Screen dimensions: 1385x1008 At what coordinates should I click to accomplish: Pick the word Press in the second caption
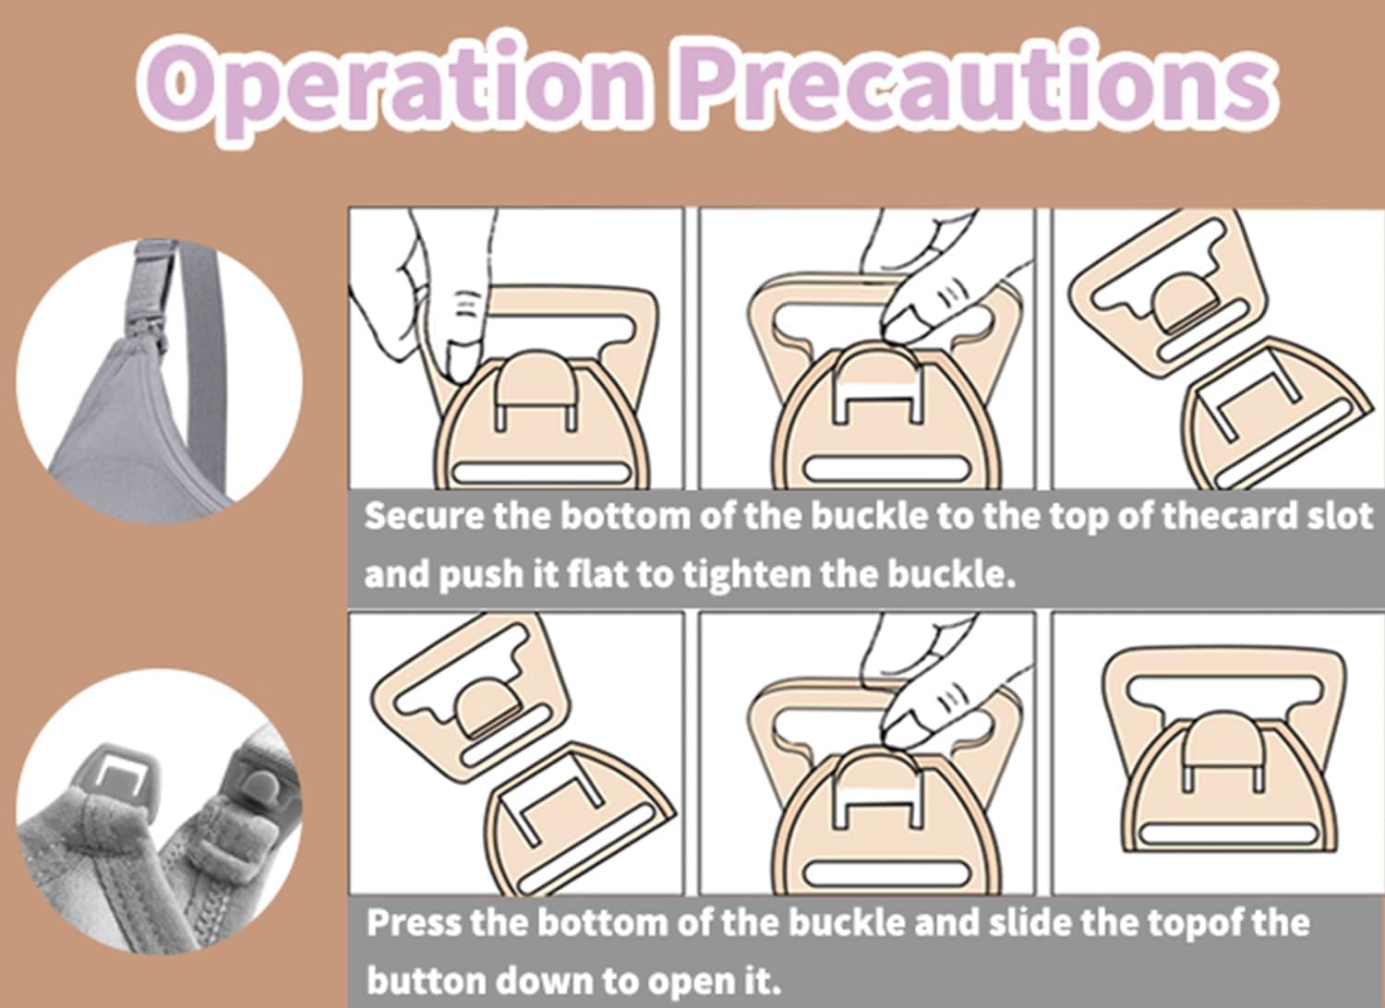(x=414, y=923)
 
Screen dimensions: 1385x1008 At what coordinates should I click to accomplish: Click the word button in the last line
(x=426, y=981)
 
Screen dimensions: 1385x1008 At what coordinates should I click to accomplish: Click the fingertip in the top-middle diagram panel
(x=904, y=324)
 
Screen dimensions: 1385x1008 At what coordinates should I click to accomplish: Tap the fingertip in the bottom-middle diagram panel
(x=904, y=729)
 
